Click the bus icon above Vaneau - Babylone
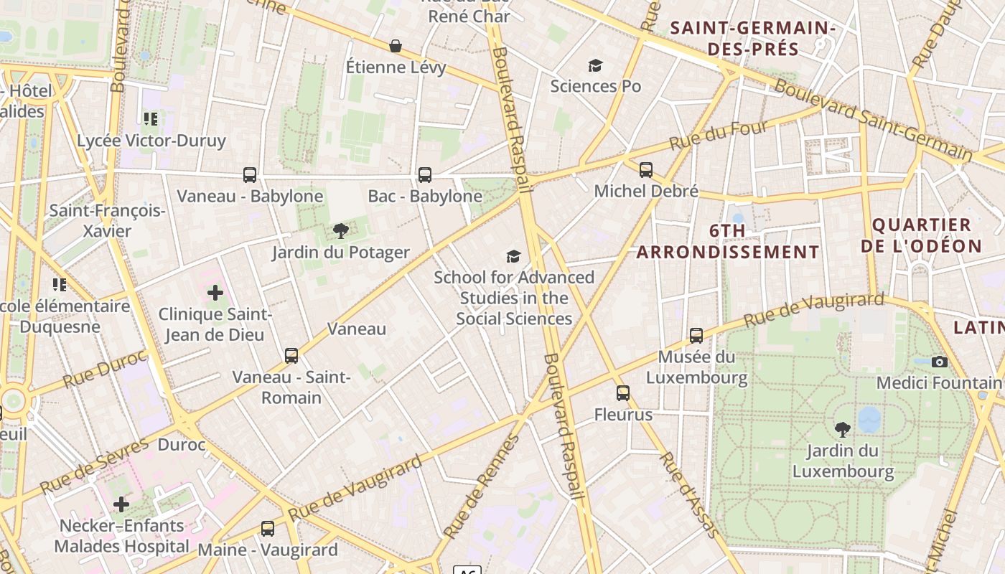point(250,174)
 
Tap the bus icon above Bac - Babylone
point(425,174)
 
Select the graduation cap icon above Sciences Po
point(595,66)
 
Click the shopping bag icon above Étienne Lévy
point(396,47)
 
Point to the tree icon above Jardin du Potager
point(341,231)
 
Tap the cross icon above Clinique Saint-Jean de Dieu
point(215,293)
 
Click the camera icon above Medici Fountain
point(939,362)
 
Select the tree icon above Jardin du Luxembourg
point(843,430)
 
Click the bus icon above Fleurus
point(623,393)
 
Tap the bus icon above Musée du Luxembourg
point(696,335)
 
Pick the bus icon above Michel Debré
point(646,170)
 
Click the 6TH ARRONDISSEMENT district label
point(727,242)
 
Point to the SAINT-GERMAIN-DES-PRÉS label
point(753,39)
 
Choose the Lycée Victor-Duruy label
point(151,141)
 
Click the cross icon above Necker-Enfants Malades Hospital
point(121,504)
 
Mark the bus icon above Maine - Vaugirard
point(268,529)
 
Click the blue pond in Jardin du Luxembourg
point(869,420)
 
